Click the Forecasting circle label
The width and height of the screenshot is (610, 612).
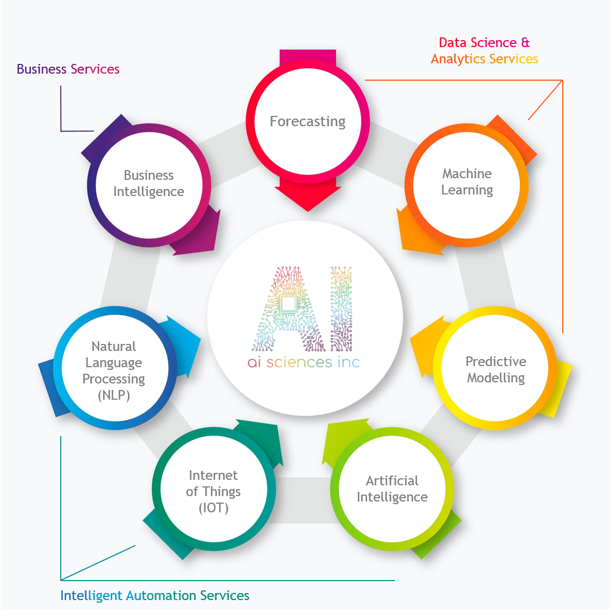(x=307, y=121)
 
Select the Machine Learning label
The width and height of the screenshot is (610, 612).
(x=467, y=182)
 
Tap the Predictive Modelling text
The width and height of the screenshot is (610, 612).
(x=496, y=369)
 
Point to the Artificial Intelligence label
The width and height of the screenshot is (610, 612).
(x=392, y=489)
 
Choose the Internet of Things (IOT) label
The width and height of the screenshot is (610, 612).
(x=213, y=491)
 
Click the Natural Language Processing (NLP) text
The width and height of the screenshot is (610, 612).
(x=114, y=370)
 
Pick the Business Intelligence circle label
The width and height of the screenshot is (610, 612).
(x=149, y=183)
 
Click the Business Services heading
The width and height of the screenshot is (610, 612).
(x=68, y=69)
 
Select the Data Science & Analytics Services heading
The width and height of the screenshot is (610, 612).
(x=484, y=50)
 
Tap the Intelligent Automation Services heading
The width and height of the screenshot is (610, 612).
(x=155, y=595)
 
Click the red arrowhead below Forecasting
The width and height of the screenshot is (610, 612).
(x=307, y=198)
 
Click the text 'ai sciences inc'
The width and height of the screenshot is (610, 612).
(x=304, y=362)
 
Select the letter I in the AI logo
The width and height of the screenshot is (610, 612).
(x=341, y=309)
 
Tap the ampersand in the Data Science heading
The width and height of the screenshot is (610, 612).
(x=525, y=42)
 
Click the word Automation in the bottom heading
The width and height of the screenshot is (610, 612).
(x=161, y=595)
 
